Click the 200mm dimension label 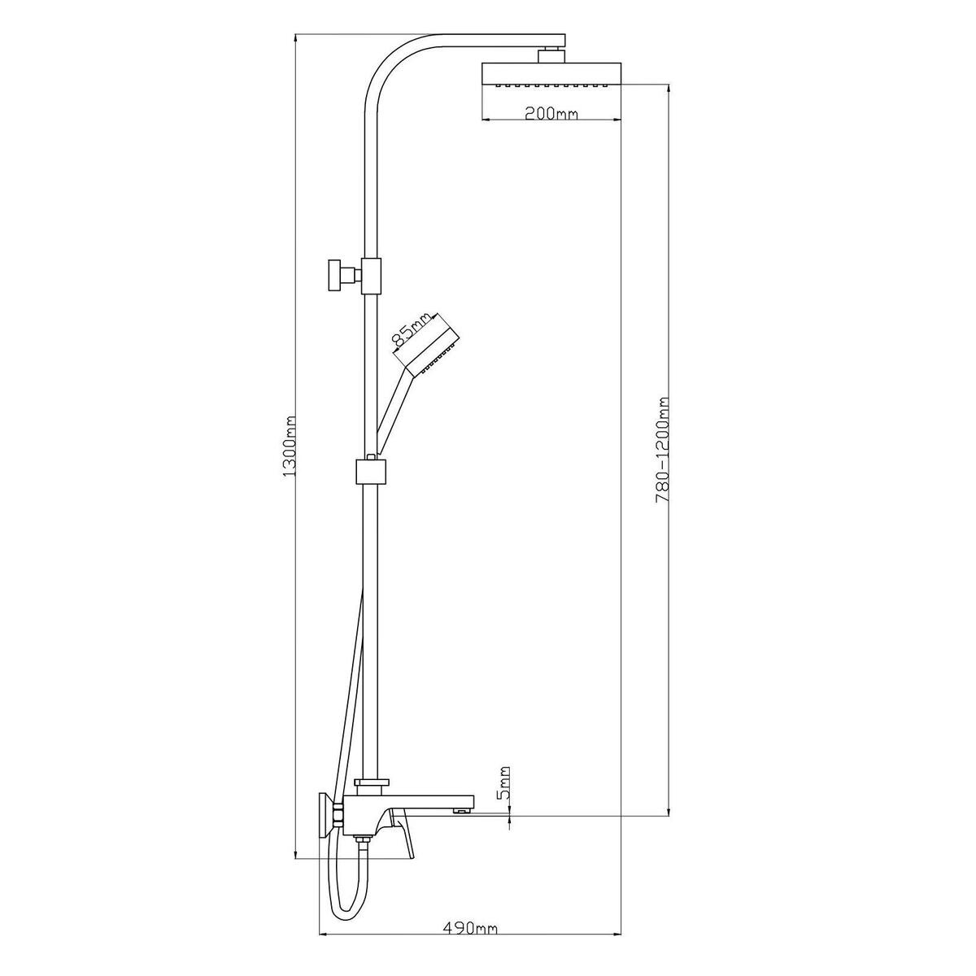(x=551, y=113)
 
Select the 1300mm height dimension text (x=290, y=447)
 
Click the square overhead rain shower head (x=551, y=75)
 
